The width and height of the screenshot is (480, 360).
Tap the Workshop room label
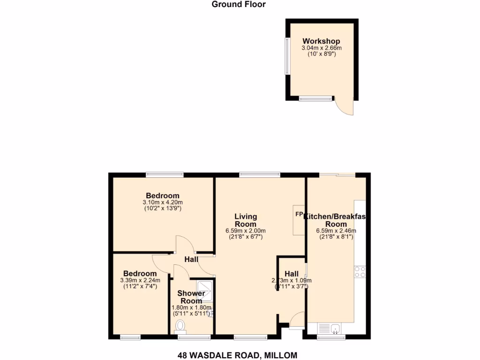tap(321, 41)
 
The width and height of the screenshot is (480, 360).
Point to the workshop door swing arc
tap(345, 107)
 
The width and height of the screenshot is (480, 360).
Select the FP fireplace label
tap(299, 214)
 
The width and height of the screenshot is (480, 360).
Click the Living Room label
tap(246, 220)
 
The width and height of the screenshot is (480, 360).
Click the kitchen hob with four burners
tap(360, 272)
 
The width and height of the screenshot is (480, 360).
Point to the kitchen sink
tap(332, 329)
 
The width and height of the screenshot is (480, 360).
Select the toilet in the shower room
tap(180, 325)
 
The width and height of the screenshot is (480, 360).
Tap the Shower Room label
tap(191, 297)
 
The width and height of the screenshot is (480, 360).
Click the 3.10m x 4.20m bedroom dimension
tap(162, 202)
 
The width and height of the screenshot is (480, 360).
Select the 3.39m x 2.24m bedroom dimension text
tap(140, 280)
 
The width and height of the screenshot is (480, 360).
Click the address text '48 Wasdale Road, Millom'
tap(237, 355)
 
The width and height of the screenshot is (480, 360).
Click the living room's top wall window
tap(259, 175)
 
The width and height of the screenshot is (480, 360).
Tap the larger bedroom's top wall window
tap(165, 175)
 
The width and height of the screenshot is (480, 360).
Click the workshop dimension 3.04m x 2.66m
tap(321, 48)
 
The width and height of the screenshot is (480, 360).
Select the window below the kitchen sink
tap(331, 337)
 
